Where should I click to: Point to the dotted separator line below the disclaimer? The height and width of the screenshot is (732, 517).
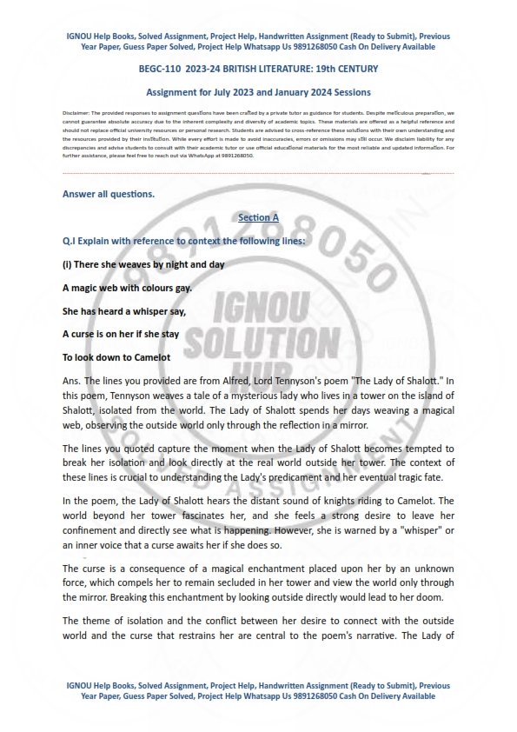[258, 174]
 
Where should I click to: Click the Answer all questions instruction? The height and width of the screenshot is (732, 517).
[109, 194]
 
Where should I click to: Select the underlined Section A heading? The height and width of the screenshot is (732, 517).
[258, 216]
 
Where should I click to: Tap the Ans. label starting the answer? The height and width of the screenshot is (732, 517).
[72, 381]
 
